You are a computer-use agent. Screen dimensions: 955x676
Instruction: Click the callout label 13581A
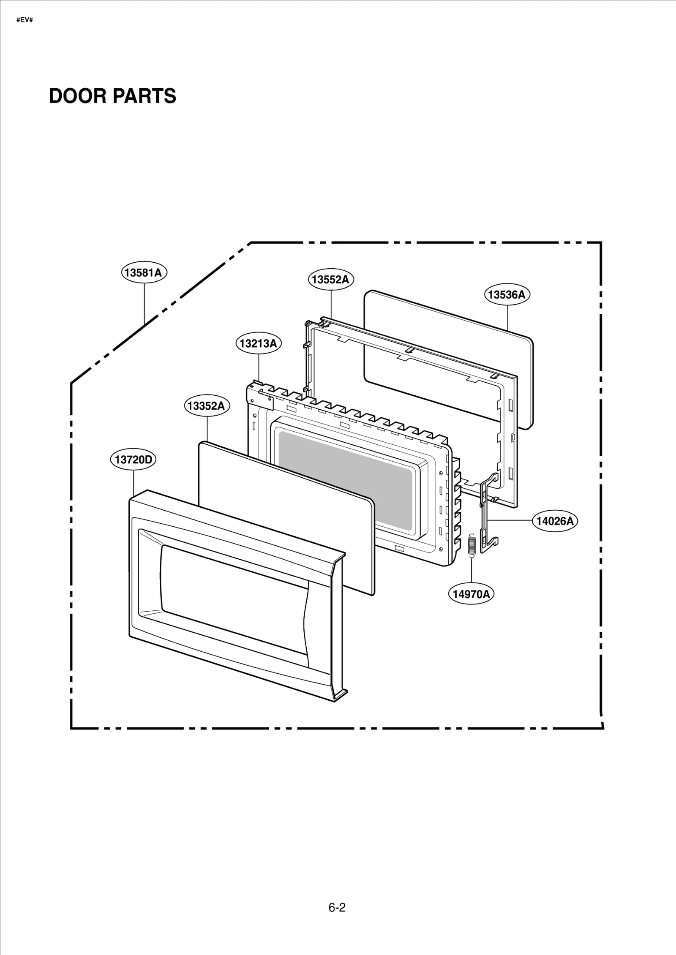pyautogui.click(x=144, y=272)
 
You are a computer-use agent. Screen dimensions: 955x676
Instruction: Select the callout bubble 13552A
pyautogui.click(x=331, y=279)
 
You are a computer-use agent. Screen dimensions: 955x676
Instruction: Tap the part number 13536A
pyautogui.click(x=507, y=294)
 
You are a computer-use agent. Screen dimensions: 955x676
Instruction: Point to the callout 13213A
pyautogui.click(x=258, y=343)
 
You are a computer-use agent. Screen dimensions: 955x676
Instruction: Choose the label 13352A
pyautogui.click(x=206, y=406)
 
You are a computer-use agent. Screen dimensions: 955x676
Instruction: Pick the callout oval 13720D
pyautogui.click(x=133, y=460)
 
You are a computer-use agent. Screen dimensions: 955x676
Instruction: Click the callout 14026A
pyautogui.click(x=555, y=521)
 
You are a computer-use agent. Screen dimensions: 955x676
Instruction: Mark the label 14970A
pyautogui.click(x=471, y=594)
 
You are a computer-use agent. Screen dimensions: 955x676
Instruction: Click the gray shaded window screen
pyautogui.click(x=344, y=481)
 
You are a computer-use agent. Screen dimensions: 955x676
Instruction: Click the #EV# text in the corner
pyautogui.click(x=25, y=20)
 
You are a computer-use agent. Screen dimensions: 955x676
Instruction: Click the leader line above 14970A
pyautogui.click(x=472, y=572)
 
